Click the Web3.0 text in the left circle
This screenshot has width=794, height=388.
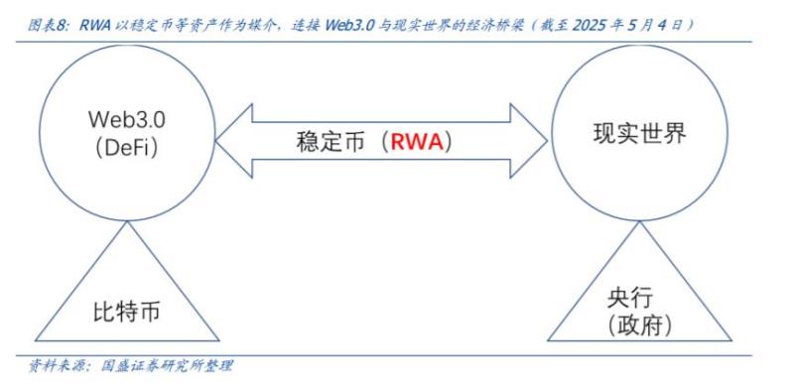(x=125, y=118)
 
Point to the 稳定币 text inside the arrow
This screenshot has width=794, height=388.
(x=331, y=141)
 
